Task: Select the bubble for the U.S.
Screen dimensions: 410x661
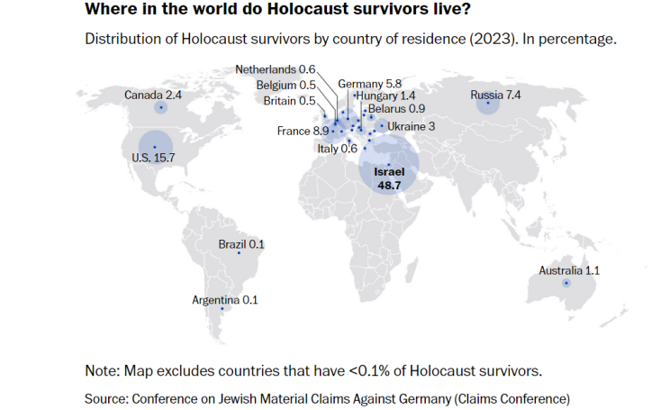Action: point(155,147)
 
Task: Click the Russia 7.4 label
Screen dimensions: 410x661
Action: point(495,94)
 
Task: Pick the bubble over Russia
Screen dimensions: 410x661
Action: point(488,105)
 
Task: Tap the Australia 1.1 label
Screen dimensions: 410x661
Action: point(569,270)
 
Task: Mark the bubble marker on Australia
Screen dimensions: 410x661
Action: point(566,284)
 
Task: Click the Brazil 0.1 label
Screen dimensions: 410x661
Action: point(241,244)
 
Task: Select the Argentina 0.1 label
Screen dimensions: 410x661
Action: point(225,300)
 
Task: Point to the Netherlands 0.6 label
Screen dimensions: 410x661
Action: point(275,69)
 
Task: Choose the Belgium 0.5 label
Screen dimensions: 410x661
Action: point(284,85)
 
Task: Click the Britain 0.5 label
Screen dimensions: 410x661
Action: point(289,100)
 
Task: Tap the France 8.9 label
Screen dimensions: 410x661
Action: point(302,132)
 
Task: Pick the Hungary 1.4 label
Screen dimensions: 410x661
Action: point(385,96)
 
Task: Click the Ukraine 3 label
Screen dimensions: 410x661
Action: point(411,127)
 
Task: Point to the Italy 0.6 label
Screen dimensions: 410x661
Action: point(338,149)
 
